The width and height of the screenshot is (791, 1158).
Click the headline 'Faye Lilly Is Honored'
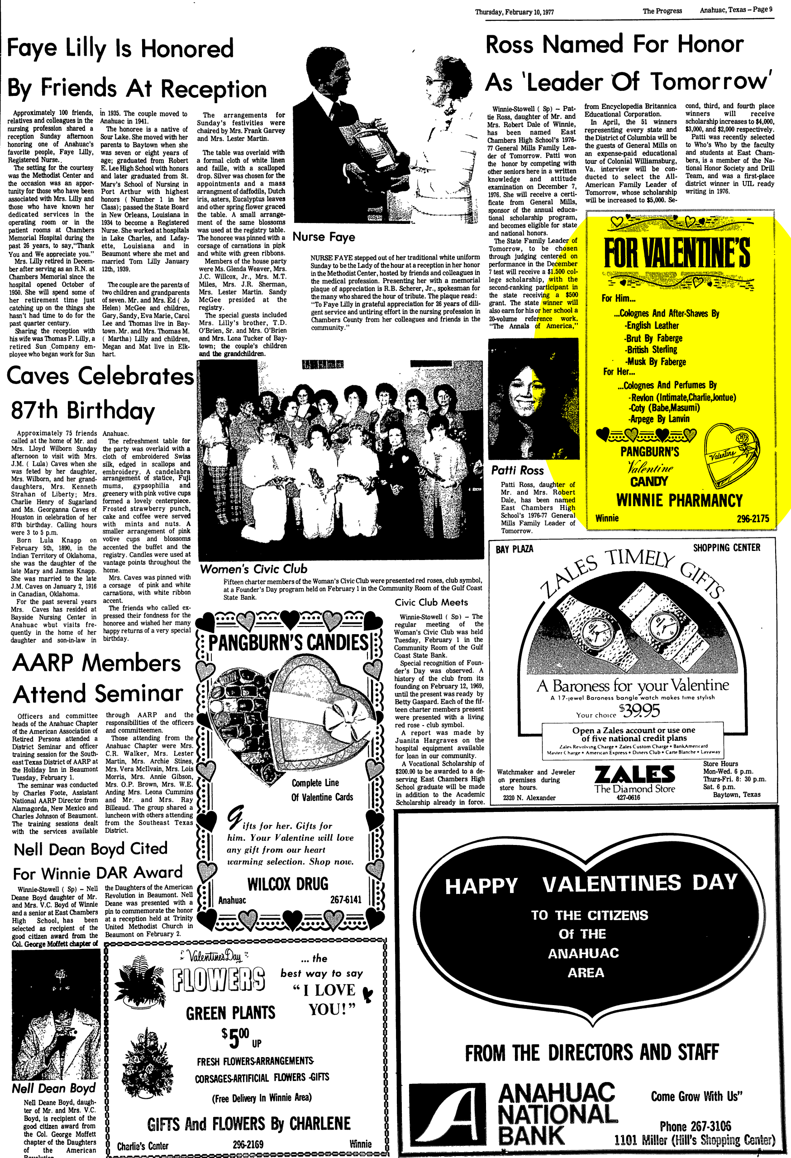coord(120,49)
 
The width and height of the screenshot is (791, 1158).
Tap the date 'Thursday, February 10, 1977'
coord(514,12)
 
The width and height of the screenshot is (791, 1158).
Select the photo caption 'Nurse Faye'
coord(324,237)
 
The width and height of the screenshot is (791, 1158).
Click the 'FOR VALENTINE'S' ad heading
coord(677,253)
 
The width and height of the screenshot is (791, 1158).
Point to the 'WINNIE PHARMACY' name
coord(679,500)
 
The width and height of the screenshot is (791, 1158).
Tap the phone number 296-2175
coord(753,519)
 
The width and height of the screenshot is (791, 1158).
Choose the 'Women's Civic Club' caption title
coord(253,569)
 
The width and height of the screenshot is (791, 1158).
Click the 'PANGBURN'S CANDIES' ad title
coord(288,642)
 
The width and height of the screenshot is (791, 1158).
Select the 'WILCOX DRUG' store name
coord(288,884)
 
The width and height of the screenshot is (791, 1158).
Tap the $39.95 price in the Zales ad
coord(647,710)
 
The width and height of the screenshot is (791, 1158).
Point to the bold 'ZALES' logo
coord(634,775)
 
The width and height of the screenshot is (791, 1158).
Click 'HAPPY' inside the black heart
coord(481,886)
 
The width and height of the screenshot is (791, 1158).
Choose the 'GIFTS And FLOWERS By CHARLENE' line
coord(248,1123)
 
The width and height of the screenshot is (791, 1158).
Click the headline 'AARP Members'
coord(97,663)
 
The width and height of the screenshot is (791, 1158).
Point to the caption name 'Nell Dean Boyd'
coord(54,1088)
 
